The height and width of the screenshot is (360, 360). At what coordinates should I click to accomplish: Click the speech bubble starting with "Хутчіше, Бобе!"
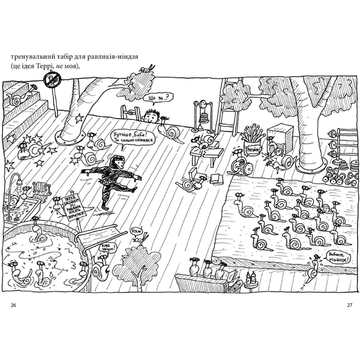(x=134, y=140)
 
